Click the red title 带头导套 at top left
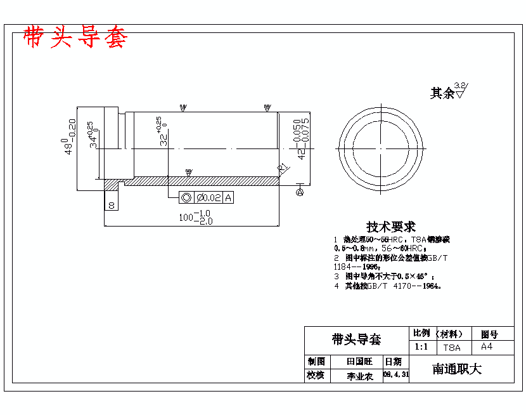[75, 37]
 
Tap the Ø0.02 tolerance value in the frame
[208, 198]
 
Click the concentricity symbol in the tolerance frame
[187, 198]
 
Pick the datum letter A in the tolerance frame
[228, 198]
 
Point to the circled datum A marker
[300, 191]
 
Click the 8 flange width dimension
[112, 205]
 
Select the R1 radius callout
[283, 168]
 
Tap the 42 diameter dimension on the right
[302, 138]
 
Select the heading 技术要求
[391, 227]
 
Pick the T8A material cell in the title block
[451, 348]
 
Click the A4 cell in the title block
[487, 347]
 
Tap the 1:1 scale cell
[421, 347]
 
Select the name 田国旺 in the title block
[359, 361]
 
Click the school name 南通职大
[457, 369]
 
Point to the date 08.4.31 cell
[396, 375]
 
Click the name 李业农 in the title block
[359, 376]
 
